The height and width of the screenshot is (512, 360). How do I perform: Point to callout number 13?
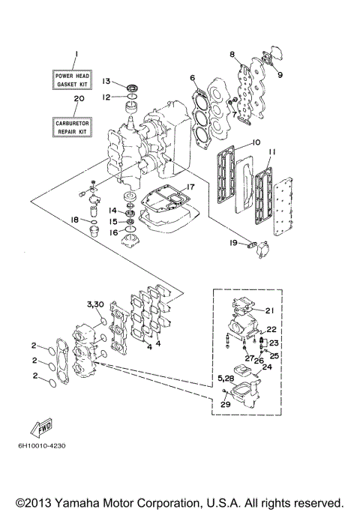[x=106, y=81]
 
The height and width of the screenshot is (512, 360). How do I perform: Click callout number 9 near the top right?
[x=280, y=74]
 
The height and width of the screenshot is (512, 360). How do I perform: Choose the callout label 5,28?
[x=226, y=381]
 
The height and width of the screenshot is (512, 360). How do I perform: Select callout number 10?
[x=255, y=142]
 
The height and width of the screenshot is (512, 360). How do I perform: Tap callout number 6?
[x=193, y=77]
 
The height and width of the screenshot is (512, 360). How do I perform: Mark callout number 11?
[x=272, y=151]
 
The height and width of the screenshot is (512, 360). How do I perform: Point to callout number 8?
[x=232, y=54]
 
